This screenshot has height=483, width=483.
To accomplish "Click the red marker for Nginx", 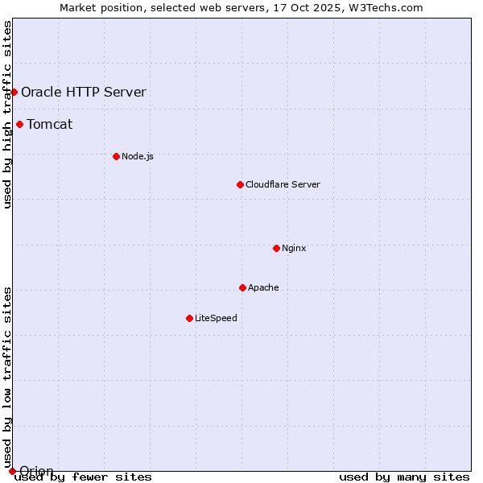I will [x=276, y=248].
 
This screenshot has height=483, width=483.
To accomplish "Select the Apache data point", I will [x=242, y=287].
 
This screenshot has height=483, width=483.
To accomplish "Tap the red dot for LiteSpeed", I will [x=189, y=318].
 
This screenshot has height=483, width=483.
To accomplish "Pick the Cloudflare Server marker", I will [x=240, y=184].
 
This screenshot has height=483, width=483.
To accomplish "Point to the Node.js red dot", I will [x=116, y=156].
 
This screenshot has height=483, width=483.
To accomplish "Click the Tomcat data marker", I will [x=19, y=124].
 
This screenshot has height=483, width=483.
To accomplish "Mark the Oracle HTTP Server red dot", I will [x=14, y=92].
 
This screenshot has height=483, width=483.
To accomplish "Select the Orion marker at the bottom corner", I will [x=12, y=471].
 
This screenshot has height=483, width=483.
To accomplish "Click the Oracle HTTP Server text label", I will [x=84, y=92].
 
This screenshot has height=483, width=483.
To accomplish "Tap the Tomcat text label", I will [x=50, y=124].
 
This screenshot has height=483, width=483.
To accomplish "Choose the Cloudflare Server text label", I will [x=283, y=184].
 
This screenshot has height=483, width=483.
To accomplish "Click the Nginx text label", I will [x=294, y=248].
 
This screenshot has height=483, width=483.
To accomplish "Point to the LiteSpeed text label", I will [x=216, y=318].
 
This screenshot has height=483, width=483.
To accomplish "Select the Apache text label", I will [x=263, y=287].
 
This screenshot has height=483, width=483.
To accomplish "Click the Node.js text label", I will [x=138, y=156].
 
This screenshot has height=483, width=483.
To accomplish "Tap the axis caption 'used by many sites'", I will [x=404, y=477].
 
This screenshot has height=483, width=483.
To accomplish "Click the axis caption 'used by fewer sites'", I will [x=84, y=477].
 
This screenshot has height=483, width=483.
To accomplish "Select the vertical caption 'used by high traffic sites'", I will [x=7, y=115].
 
